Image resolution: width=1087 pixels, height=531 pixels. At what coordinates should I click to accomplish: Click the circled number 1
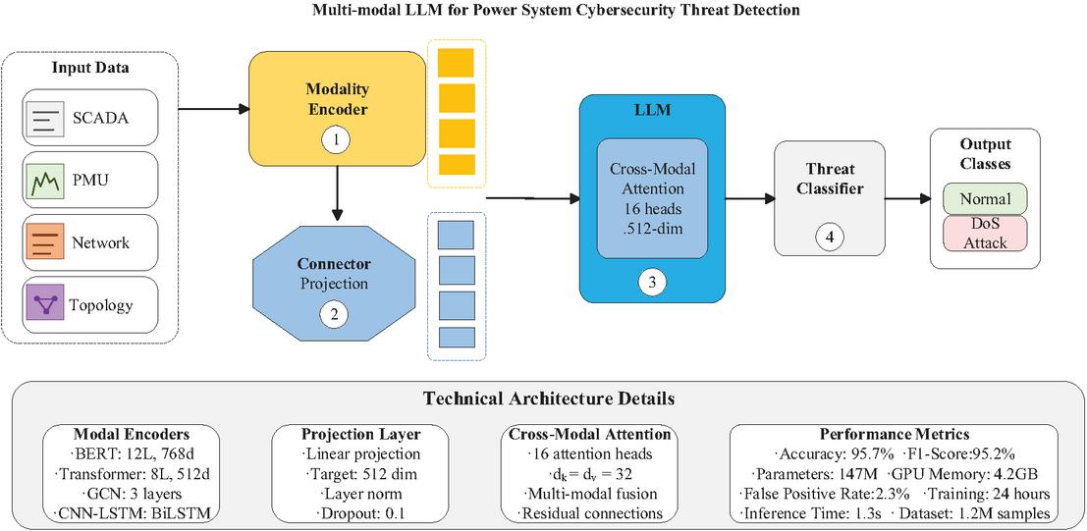(x=336, y=140)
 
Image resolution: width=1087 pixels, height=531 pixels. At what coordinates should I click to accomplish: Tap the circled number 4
(x=827, y=238)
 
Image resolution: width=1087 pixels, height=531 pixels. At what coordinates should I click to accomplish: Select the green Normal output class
(x=985, y=198)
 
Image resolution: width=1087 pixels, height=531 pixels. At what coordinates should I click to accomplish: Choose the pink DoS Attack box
(x=985, y=234)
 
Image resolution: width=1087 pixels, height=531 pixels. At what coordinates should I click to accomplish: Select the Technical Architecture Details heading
(x=549, y=399)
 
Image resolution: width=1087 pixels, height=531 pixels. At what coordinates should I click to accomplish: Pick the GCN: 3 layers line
(x=134, y=493)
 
